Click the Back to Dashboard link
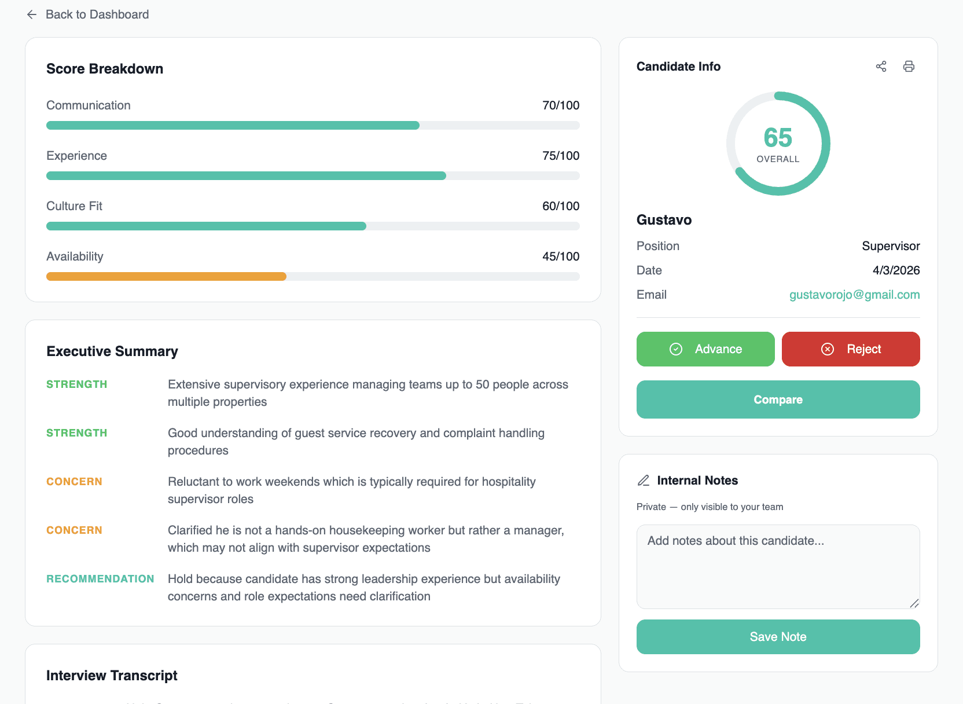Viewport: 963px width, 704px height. coord(88,14)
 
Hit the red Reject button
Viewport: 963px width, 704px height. coord(850,349)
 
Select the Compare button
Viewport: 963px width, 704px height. coord(778,399)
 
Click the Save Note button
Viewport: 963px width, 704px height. coord(778,637)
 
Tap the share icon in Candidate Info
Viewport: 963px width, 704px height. coord(881,67)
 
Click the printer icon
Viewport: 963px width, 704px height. coord(909,67)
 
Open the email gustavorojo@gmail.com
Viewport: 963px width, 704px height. coord(854,295)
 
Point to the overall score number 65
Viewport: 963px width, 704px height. coord(778,138)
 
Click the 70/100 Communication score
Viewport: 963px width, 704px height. coord(560,105)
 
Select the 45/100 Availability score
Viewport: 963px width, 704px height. coord(560,256)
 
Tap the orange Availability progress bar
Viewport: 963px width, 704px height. coord(167,277)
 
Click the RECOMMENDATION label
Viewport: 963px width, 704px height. coord(100,579)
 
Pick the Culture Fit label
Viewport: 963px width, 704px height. coord(74,206)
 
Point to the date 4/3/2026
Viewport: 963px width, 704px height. coord(896,270)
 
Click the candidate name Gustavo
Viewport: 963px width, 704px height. coord(664,220)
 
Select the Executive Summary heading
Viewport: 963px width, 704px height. coord(112,351)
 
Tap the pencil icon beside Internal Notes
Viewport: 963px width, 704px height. coord(644,481)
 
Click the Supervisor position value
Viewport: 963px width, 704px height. coord(891,246)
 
